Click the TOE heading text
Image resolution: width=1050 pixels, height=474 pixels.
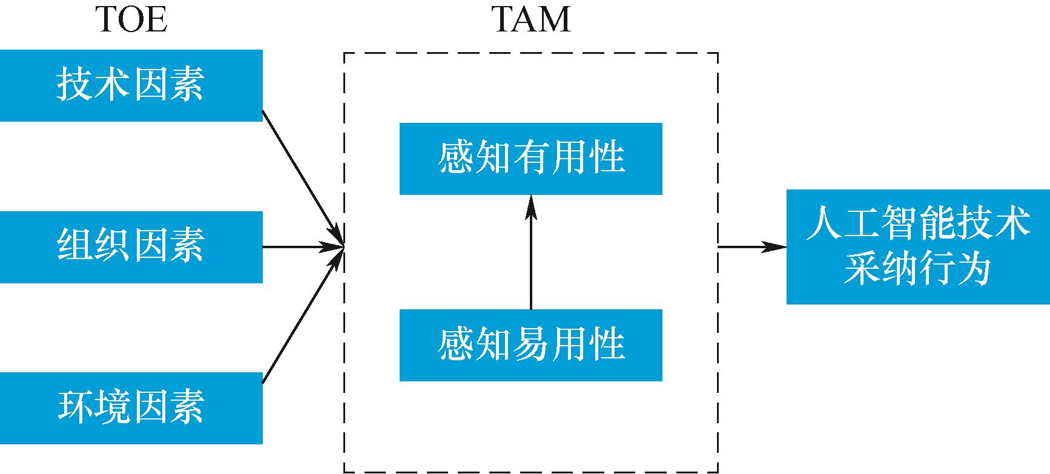[131, 19]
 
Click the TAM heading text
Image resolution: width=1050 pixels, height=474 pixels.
[531, 19]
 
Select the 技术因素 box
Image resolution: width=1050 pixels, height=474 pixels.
[131, 85]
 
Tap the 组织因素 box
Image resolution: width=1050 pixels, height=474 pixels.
[131, 247]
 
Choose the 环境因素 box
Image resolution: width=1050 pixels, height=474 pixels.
[131, 408]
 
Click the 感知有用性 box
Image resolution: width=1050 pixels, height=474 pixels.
[530, 159]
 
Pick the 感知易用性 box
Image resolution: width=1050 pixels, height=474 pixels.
[530, 345]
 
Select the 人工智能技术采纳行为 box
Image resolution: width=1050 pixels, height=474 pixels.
[917, 247]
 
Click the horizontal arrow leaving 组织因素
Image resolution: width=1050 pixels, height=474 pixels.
[300, 247]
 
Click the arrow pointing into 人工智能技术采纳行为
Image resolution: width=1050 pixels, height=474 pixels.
[751, 247]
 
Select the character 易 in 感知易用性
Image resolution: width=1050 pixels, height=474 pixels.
[530, 345]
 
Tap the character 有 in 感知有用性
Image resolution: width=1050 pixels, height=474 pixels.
[530, 159]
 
